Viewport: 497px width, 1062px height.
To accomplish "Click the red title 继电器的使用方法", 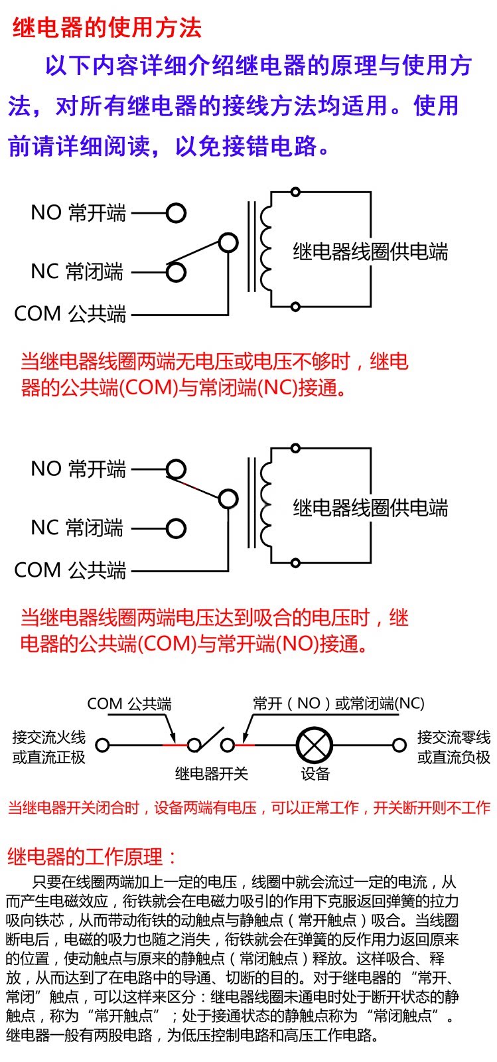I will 106,28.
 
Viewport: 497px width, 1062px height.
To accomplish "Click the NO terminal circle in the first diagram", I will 176,213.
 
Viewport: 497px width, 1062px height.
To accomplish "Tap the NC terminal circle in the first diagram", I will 176,271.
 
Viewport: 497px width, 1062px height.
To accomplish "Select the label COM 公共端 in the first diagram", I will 70,313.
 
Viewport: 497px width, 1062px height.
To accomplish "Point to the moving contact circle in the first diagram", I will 228,243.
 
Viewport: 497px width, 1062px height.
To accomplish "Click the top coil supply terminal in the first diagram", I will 295,192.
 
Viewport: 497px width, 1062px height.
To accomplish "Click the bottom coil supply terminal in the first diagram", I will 295,307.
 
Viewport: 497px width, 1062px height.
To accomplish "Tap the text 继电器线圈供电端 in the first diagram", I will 370,252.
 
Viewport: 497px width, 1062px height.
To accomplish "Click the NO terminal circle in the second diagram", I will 176,469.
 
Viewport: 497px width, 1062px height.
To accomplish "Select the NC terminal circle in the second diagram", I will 176,528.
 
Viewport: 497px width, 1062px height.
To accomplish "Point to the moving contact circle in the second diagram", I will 228,499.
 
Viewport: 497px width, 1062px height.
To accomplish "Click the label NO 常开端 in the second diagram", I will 78,469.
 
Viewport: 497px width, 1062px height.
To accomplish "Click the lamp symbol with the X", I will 315,745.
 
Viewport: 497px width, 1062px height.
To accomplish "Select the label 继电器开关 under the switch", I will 211,773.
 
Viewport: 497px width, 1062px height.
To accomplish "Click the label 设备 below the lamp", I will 315,774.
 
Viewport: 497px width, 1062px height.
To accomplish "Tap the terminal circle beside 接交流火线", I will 102,745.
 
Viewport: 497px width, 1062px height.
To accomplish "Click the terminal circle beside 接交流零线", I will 399,745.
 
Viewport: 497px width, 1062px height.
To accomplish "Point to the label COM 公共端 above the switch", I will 129,704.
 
